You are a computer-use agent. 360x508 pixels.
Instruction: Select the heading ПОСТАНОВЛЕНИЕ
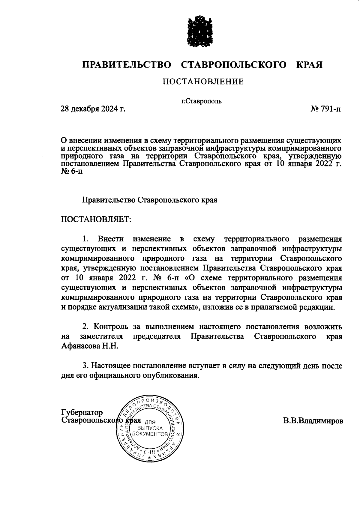pos(203,82)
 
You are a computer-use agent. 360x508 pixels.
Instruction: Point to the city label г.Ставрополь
pos(201,101)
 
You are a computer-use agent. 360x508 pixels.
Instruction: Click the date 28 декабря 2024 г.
pos(93,109)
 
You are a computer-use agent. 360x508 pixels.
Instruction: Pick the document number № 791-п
pos(325,109)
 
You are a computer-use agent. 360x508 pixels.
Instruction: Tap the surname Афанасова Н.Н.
pos(90,346)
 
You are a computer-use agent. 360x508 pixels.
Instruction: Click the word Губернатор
pos(82,412)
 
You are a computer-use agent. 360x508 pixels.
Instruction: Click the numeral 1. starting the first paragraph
pos(85,239)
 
